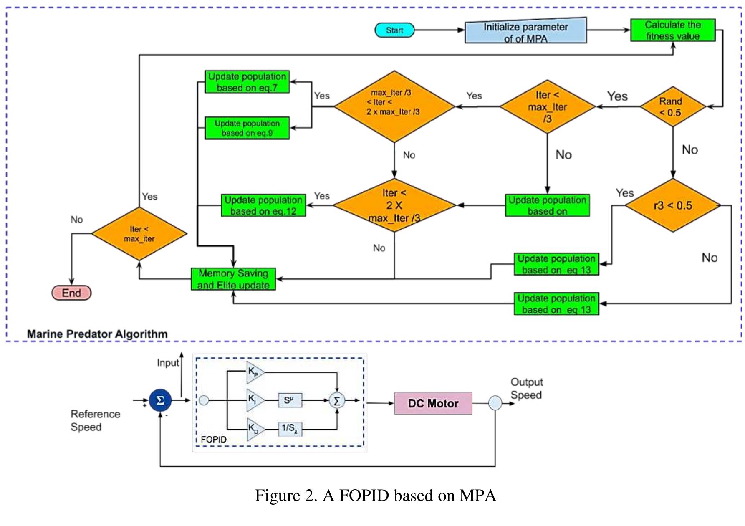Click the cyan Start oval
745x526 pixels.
pos(394,30)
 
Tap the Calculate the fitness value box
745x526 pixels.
pos(672,30)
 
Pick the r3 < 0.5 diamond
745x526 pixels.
pos(672,205)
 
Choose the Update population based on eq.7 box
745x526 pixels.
pos(247,82)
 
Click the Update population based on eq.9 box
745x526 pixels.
pos(247,128)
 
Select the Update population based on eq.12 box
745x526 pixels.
pos(263,205)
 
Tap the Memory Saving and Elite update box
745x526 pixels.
pos(233,279)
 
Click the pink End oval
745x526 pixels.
pos(71,293)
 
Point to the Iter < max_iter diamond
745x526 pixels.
pos(139,234)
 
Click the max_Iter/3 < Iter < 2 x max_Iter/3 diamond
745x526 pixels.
pos(394,107)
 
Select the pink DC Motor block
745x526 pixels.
pos(433,403)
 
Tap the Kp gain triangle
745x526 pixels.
pos(254,372)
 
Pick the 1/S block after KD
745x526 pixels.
pos(290,428)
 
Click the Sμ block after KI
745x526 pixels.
pos(290,400)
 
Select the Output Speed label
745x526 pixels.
pos(526,389)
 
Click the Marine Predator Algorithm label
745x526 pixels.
pos(97,334)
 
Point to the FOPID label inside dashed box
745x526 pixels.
pos(214,440)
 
